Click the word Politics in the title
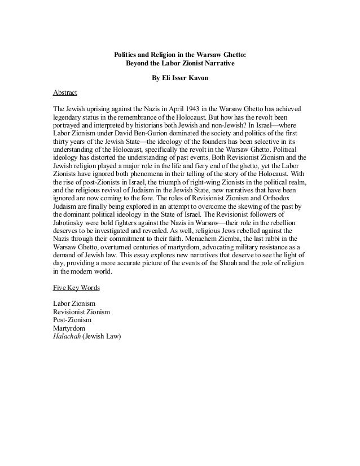tap(126, 55)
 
